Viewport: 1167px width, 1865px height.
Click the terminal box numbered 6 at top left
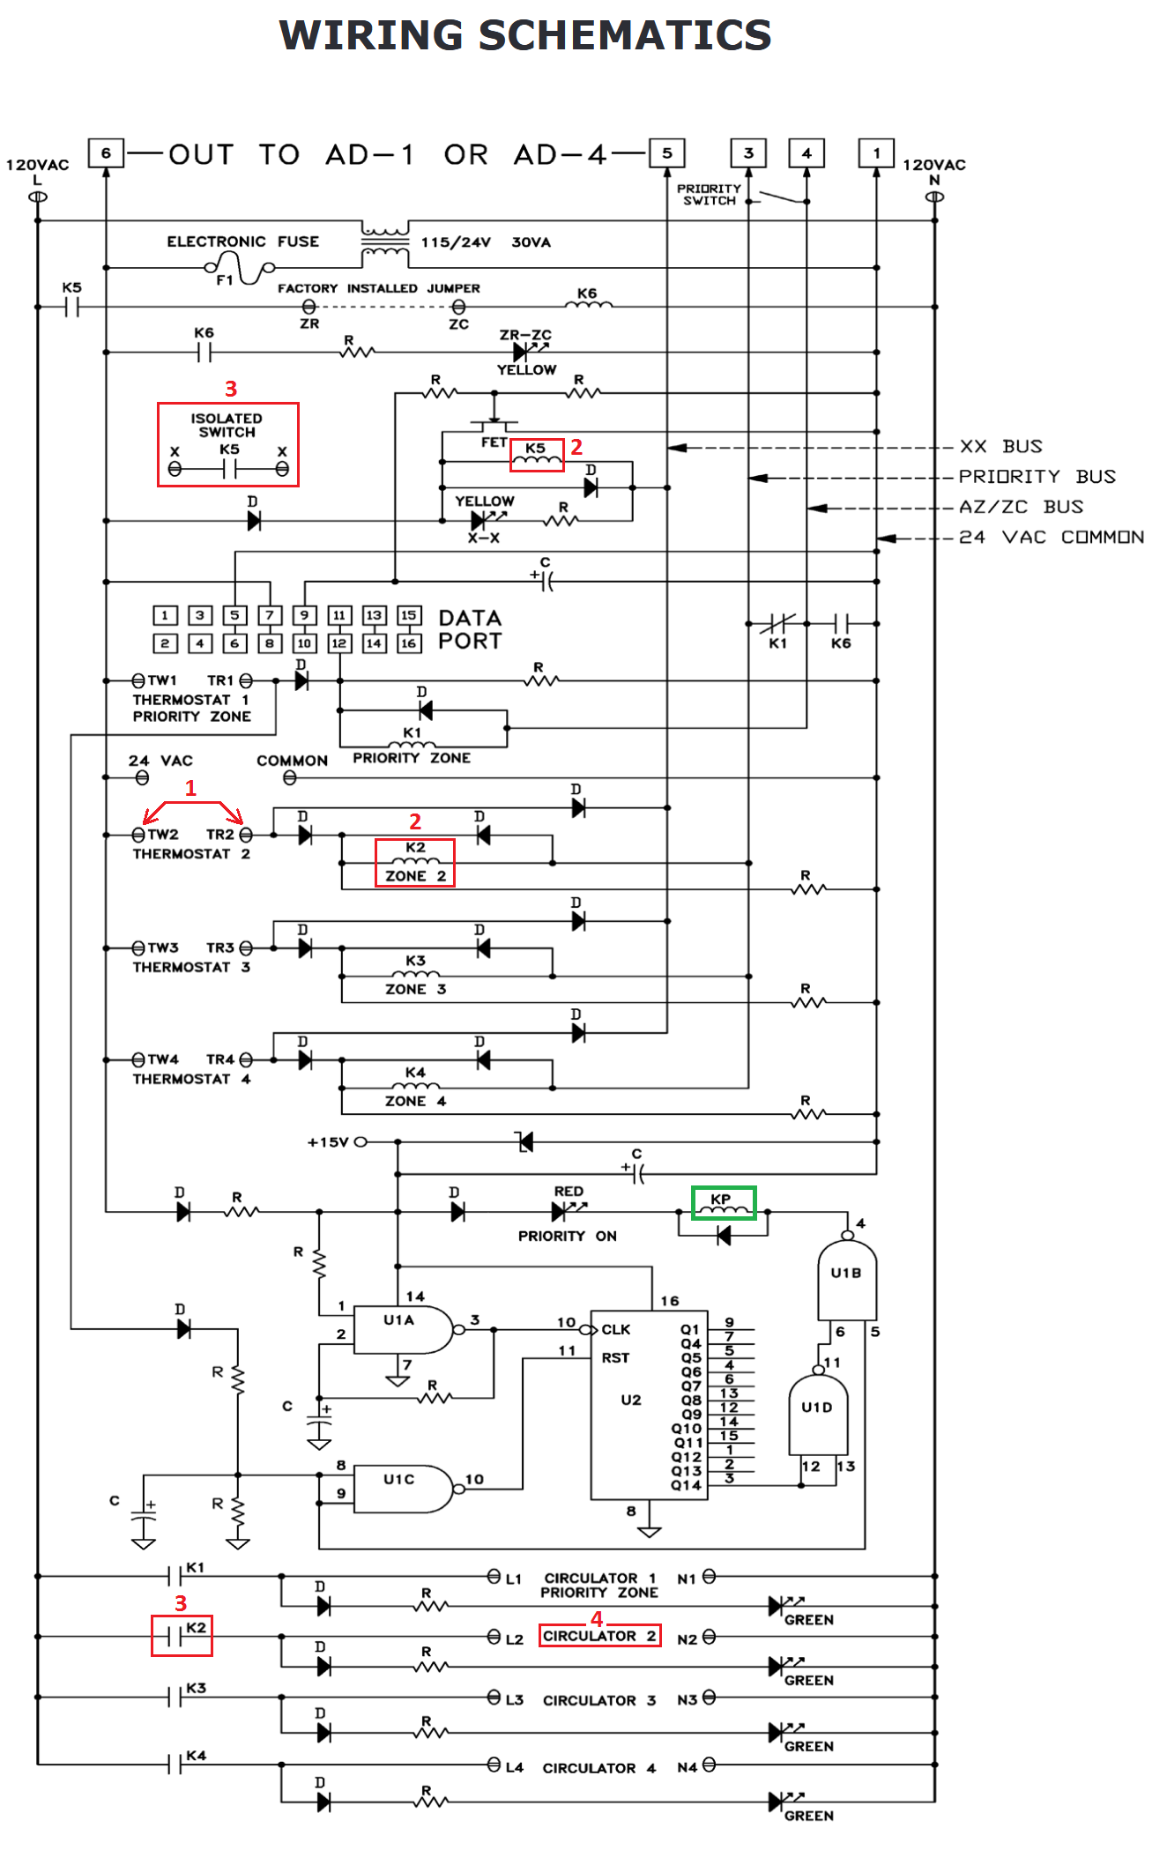click(106, 153)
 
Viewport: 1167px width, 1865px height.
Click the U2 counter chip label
click(631, 1400)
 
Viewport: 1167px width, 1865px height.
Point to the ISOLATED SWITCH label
click(227, 425)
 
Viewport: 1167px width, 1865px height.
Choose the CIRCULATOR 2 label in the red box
click(599, 1636)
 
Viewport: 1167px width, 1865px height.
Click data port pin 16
click(408, 643)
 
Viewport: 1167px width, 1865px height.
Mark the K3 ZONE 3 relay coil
click(415, 974)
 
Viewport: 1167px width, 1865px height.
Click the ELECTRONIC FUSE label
click(243, 241)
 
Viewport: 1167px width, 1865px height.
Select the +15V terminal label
click(328, 1142)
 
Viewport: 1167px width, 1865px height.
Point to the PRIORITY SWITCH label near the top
click(710, 195)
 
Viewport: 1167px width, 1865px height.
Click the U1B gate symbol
click(847, 1278)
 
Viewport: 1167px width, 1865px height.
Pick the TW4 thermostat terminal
click(138, 1059)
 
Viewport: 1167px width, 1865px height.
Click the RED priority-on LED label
click(569, 1192)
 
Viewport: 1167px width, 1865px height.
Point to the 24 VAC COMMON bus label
click(1052, 537)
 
